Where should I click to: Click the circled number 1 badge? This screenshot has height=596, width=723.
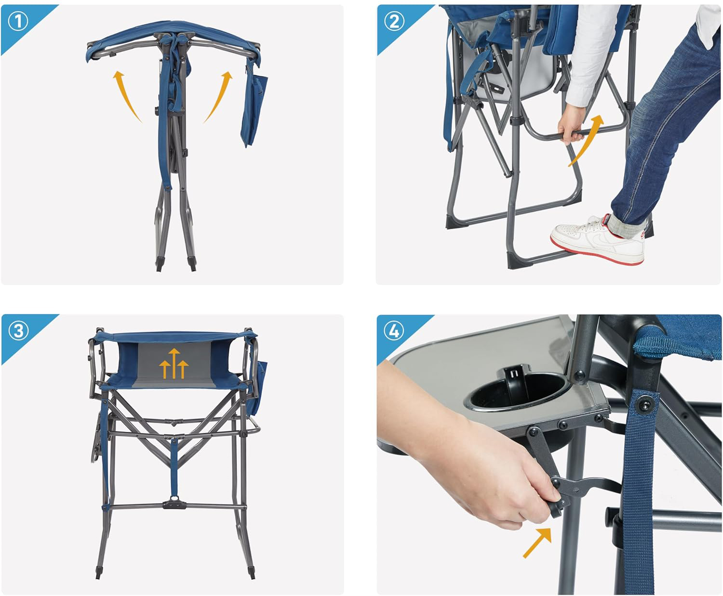point(18,22)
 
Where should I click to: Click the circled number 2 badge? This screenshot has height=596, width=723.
point(394,21)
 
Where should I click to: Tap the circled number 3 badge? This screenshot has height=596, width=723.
point(18,331)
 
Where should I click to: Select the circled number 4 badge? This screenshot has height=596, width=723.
point(394,331)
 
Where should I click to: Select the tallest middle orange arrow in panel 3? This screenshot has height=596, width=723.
point(174,363)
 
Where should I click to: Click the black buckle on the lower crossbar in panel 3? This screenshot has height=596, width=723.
point(174,504)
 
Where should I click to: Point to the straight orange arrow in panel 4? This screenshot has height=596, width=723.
point(537,543)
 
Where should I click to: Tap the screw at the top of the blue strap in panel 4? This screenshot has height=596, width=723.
point(644,404)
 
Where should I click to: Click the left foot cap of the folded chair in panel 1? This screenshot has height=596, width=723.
point(159,264)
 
